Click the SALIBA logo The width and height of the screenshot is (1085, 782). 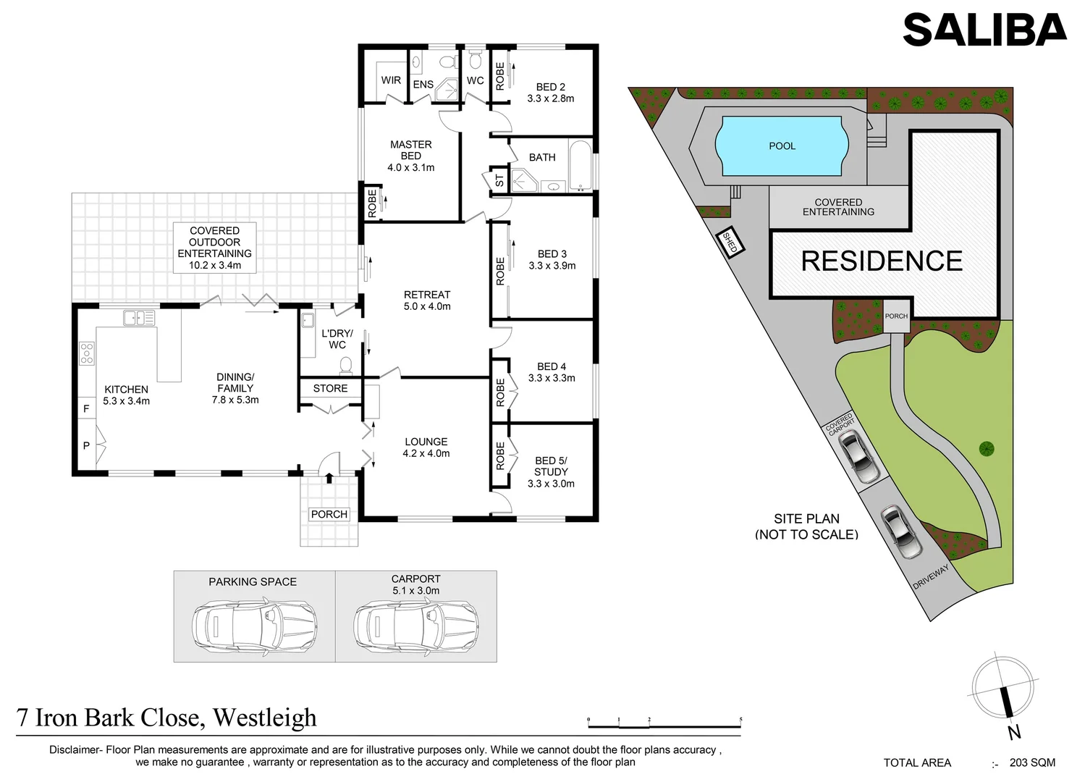coord(984,30)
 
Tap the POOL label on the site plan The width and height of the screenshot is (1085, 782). coord(782,146)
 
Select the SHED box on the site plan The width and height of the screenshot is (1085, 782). coord(730,242)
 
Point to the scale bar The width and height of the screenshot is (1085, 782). coord(664,722)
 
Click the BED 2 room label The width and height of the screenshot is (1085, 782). coord(551,87)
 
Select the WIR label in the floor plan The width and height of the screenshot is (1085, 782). coord(391,80)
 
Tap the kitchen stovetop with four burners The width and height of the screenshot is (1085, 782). coord(86,353)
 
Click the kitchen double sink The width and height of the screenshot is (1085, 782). coord(139,317)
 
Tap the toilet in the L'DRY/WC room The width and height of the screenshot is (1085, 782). coord(346,364)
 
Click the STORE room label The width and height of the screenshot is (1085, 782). coord(330,389)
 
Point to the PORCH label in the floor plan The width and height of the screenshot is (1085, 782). coord(329,514)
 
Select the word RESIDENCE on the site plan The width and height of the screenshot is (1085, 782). coord(882,261)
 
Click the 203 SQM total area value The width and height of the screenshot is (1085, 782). coord(1033,762)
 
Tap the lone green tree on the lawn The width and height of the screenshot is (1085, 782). coord(986,449)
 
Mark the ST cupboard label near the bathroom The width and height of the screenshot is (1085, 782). coord(499,180)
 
